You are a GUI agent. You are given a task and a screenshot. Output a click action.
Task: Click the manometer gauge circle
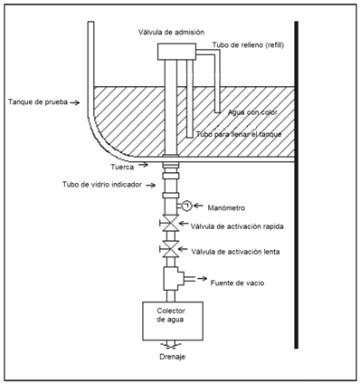187,206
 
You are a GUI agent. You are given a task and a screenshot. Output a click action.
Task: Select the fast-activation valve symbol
171,224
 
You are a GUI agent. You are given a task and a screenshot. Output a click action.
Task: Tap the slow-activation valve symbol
171,249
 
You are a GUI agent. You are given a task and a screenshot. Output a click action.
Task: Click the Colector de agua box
173,321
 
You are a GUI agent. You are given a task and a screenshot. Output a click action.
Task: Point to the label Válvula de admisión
171,32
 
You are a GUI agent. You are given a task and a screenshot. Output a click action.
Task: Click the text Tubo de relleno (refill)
248,45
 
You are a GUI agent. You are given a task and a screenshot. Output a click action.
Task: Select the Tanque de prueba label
38,102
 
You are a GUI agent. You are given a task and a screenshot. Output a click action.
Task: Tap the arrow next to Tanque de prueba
75,102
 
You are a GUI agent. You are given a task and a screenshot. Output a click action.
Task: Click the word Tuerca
122,167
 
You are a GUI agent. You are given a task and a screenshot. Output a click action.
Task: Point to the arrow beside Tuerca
144,165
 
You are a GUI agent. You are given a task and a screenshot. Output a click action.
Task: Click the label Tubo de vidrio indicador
102,185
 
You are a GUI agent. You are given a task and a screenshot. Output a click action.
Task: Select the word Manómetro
226,208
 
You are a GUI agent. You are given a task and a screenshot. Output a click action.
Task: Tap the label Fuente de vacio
237,283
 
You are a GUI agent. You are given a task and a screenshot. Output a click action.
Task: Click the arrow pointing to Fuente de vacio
203,279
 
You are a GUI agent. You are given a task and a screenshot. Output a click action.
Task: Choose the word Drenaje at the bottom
172,357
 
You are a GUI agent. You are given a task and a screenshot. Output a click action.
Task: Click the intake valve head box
176,52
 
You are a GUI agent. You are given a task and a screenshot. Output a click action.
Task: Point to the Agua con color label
252,112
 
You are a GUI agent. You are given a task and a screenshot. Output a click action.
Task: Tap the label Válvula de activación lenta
235,252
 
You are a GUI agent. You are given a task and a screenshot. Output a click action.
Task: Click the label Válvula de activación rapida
237,226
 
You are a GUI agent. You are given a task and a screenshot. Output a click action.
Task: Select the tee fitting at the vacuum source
174,278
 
